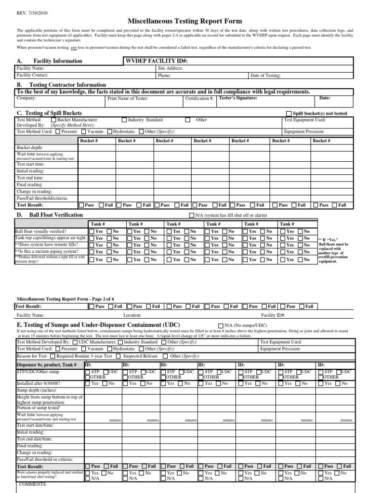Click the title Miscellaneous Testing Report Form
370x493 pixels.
pos(185,21)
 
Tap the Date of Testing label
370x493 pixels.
pos(265,76)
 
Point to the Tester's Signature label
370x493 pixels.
pos(238,98)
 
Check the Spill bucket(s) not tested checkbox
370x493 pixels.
pos(289,114)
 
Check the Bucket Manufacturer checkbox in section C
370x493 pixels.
pos(53,120)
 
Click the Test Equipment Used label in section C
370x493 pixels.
pos(305,120)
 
